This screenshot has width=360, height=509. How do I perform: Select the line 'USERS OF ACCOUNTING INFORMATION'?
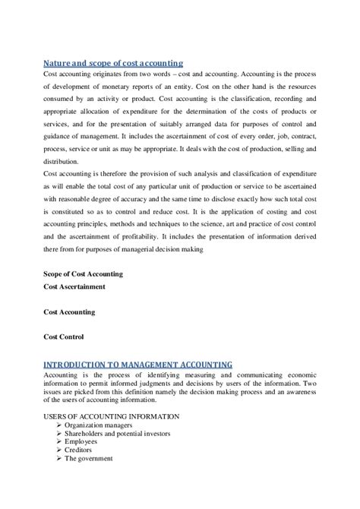[x=111, y=416]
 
